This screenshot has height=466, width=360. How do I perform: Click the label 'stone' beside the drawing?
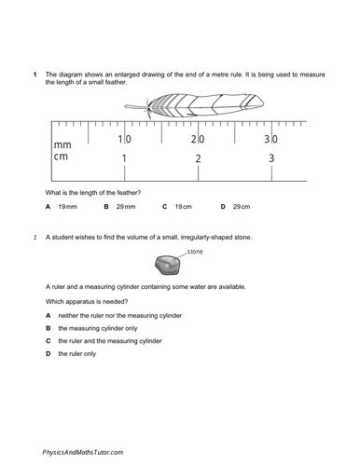[195, 253]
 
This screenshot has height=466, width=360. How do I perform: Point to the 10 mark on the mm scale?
[124, 139]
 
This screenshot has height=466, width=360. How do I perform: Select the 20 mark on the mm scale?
[198, 139]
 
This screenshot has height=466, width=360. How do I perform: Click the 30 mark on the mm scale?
[270, 139]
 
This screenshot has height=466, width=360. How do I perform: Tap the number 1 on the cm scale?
[124, 159]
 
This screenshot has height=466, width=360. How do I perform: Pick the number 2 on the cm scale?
[198, 159]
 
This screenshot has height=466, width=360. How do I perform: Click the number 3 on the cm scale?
[271, 159]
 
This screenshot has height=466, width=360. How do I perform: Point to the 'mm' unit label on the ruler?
[63, 145]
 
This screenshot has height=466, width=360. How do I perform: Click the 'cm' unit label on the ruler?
[62, 159]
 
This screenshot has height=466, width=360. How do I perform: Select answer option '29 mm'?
[126, 205]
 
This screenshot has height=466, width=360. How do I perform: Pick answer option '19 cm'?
[184, 205]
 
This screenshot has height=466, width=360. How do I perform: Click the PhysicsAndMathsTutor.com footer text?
[82, 451]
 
